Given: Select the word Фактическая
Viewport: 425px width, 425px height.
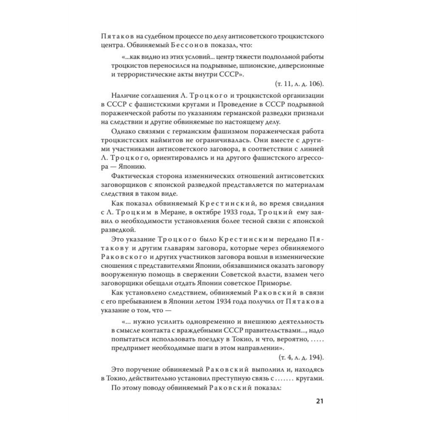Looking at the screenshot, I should click(132, 176).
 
